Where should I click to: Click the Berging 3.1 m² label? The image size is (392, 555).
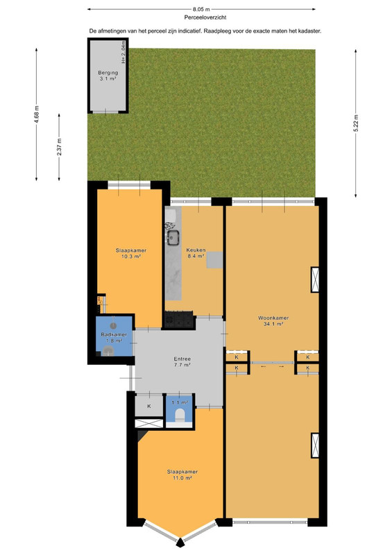pyautogui.click(x=108, y=76)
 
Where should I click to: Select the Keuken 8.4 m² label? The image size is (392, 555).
pyautogui.click(x=196, y=253)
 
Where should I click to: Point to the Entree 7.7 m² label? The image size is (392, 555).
pyautogui.click(x=182, y=361)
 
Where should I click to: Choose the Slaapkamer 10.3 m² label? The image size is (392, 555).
pyautogui.click(x=131, y=253)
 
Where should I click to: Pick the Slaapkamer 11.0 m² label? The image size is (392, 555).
pyautogui.click(x=182, y=475)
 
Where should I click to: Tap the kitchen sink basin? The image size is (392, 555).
pyautogui.click(x=174, y=237)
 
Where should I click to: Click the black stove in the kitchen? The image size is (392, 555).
pyautogui.click(x=180, y=321)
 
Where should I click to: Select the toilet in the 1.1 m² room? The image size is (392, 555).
pyautogui.click(x=180, y=414)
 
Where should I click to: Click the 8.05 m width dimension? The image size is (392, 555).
pyautogui.click(x=201, y=9)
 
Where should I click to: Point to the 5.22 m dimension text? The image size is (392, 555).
pyautogui.click(x=355, y=123)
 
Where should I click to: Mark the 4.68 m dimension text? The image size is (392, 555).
pyautogui.click(x=36, y=114)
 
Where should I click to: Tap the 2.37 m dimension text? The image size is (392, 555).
pyautogui.click(x=59, y=147)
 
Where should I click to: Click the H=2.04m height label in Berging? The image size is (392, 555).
pyautogui.click(x=123, y=52)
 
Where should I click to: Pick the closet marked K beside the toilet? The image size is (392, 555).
pyautogui.click(x=149, y=406)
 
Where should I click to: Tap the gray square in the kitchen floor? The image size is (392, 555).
pyautogui.click(x=214, y=259)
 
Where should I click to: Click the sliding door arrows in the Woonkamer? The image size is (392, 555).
pyautogui.click(x=272, y=367)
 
